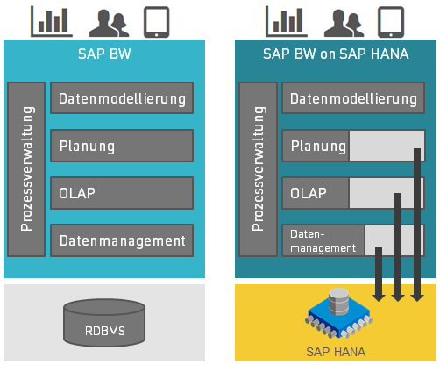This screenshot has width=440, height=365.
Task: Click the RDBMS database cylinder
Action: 104,323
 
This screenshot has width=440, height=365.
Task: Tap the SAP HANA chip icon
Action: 339,313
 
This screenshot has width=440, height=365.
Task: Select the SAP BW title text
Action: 104,54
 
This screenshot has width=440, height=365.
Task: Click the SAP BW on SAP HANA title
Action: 336,54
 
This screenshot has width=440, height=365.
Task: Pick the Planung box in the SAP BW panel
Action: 122,146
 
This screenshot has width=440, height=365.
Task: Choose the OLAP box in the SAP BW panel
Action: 122,193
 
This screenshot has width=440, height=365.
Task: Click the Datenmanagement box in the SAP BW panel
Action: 122,240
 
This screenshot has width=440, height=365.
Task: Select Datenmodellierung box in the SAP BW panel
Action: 122,98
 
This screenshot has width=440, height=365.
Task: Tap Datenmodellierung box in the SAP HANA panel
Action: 353,98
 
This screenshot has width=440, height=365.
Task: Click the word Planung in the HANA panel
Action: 318,146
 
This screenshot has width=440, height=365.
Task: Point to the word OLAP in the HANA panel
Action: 309,193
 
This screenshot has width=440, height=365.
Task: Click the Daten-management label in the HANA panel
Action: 323,241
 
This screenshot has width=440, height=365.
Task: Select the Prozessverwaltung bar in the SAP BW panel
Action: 26,169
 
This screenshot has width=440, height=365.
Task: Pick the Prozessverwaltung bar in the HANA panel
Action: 258,169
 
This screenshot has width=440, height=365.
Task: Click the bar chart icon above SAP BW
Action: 52,22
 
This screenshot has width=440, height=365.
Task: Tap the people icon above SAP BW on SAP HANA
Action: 344,23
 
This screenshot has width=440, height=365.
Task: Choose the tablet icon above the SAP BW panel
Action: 156,22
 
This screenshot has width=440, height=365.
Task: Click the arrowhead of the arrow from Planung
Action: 417,297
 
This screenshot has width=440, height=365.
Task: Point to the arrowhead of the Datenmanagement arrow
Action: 379,297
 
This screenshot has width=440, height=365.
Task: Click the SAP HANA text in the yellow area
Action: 336,352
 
